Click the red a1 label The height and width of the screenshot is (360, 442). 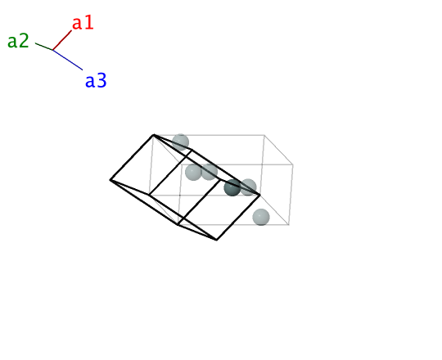(83, 23)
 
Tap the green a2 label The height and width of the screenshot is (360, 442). (18, 41)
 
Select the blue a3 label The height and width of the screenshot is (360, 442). (96, 80)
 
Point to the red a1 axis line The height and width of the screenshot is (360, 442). (62, 40)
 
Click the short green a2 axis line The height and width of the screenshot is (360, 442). (44, 47)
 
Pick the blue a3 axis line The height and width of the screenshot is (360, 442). (68, 60)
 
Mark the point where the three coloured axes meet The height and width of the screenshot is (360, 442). (52, 50)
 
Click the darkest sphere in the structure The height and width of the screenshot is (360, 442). (232, 187)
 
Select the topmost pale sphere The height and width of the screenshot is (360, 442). (180, 142)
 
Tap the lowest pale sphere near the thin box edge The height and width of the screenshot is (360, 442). (261, 217)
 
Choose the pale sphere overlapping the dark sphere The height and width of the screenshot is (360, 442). (248, 187)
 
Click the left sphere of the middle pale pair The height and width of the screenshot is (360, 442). (193, 173)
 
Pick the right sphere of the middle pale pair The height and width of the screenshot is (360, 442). (210, 172)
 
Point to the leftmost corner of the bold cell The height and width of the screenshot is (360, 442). (110, 180)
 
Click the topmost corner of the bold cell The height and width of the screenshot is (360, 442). (153, 135)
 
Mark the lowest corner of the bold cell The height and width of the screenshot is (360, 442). (216, 240)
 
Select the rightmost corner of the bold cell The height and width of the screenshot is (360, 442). (260, 195)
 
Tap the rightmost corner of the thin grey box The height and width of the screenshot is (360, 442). (293, 164)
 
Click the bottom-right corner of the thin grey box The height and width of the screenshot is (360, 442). (289, 224)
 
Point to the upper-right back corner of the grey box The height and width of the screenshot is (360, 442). (264, 135)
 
